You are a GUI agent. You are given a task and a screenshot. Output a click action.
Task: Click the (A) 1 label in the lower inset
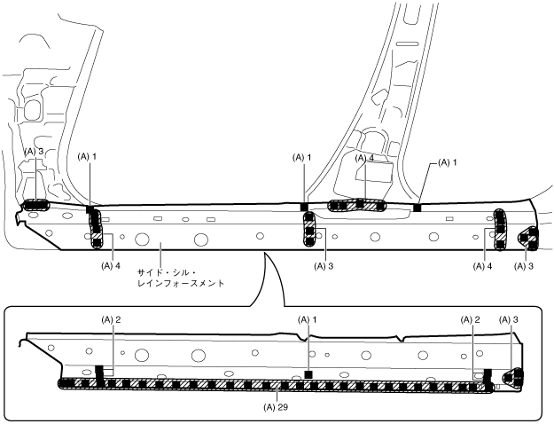[x=307, y=318]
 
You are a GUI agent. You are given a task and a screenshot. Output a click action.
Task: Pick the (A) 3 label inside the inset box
[x=511, y=318]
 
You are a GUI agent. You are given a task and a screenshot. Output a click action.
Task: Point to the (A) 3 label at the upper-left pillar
[x=35, y=152]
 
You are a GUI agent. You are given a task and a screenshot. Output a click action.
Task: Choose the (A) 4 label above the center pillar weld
[x=365, y=158]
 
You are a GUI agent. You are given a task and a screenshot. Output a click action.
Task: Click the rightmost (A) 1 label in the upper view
[x=449, y=163]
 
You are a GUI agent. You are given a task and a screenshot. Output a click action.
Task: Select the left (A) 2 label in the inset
[x=111, y=318]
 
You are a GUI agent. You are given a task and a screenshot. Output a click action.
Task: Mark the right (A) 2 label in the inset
[x=471, y=318]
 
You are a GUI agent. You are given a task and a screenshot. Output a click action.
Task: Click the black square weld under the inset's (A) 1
[x=307, y=375]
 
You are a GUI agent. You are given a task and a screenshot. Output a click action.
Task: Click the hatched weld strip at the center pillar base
[x=357, y=206]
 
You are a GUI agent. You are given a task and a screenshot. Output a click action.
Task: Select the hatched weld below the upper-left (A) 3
[x=35, y=206]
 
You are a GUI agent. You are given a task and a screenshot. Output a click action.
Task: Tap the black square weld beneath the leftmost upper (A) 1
[x=90, y=210]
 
